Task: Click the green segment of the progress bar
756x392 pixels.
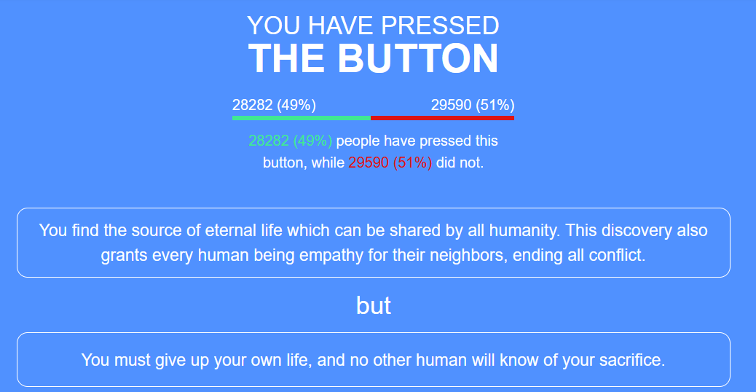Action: click(302, 117)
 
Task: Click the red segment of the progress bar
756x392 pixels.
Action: click(442, 117)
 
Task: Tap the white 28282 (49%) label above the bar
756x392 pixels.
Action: click(274, 105)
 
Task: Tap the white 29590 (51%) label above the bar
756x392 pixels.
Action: click(473, 105)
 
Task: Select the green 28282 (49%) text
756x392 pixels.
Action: click(291, 141)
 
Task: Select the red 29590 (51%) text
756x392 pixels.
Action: click(390, 162)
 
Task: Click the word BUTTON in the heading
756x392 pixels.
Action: click(417, 58)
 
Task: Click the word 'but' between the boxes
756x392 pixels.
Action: click(373, 305)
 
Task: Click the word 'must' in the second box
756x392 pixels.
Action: click(132, 360)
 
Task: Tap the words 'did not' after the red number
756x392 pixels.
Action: click(460, 162)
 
